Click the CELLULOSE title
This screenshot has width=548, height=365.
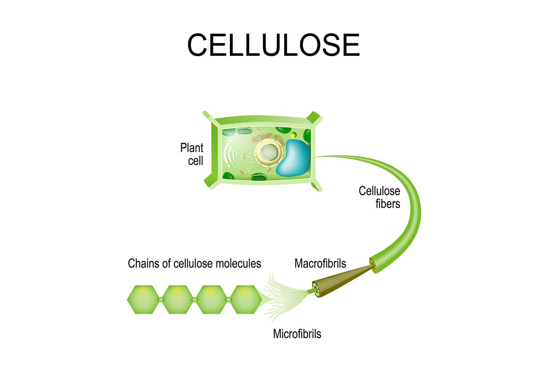(273, 45)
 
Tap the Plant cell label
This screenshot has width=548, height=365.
(192, 154)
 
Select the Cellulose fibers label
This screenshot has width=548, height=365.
(380, 197)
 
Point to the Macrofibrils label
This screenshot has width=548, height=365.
(320, 263)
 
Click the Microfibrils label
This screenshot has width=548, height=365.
(297, 334)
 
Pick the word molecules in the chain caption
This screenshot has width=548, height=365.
(238, 263)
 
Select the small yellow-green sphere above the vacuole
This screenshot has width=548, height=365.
(293, 135)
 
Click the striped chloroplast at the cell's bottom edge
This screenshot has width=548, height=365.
(259, 178)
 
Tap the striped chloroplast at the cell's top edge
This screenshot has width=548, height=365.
(244, 131)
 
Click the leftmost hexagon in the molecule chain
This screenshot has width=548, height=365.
(143, 300)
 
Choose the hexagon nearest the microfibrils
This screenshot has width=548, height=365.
(246, 300)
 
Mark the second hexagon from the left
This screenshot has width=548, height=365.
(177, 300)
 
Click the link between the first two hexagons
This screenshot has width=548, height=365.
(160, 300)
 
